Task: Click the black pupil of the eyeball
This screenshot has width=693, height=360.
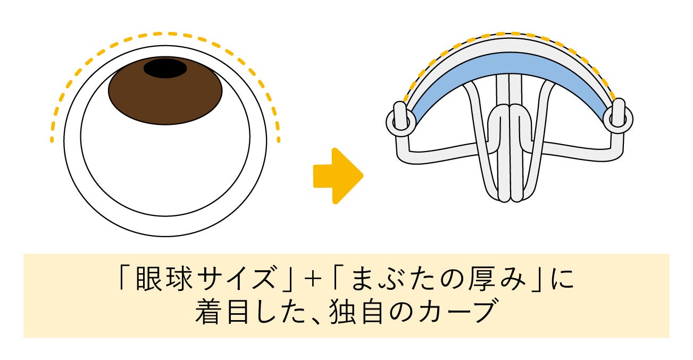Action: [165, 69]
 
